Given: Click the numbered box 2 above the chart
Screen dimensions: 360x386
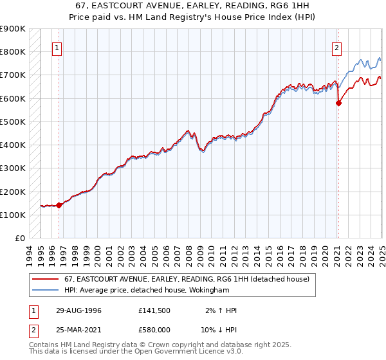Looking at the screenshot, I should (336, 46).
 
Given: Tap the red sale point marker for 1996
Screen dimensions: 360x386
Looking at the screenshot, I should (59, 206).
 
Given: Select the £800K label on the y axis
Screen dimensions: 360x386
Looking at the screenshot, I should (13, 51).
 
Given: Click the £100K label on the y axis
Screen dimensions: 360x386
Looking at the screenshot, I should (13, 215).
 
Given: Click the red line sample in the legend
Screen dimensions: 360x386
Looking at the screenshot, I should (46, 279).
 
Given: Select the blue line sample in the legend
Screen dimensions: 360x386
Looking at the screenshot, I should (46, 289).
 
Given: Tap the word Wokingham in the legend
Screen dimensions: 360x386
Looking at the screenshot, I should (209, 289).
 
